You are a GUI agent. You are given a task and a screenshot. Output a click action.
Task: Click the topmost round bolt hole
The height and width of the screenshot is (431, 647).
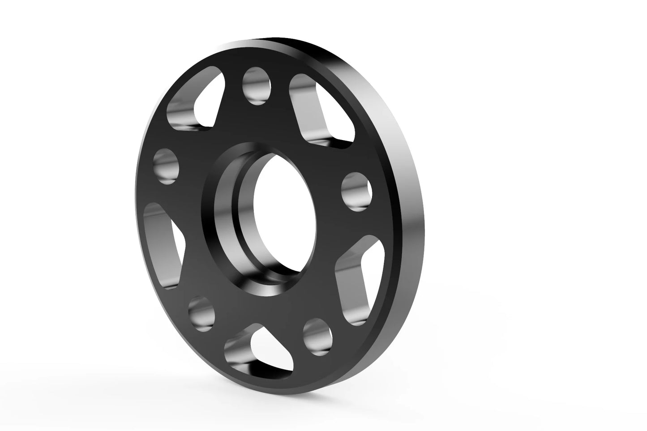click(257, 85)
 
